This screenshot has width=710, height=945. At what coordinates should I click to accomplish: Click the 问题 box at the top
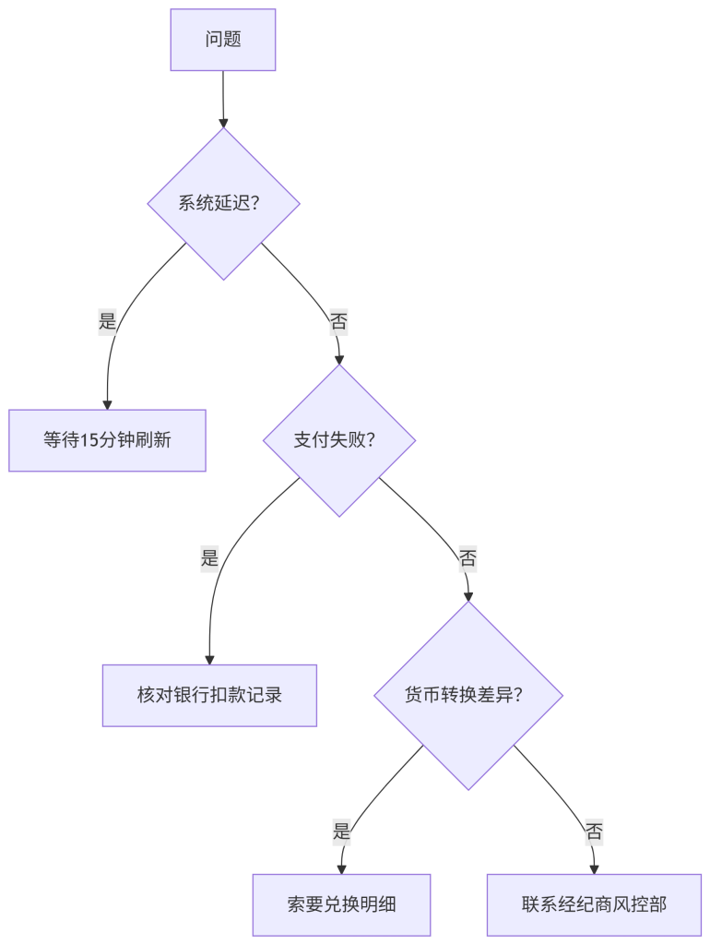pos(223,40)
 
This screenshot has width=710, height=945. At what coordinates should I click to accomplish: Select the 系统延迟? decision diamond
pos(223,203)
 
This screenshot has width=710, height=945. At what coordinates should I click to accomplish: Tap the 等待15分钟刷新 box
pos(107,440)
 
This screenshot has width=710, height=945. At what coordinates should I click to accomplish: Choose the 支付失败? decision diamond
pos(339,440)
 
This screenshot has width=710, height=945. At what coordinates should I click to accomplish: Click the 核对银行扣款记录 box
pos(209,695)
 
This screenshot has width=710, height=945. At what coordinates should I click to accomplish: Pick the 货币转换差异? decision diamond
pos(468,695)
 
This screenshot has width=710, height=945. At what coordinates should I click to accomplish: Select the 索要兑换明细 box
pos(341,904)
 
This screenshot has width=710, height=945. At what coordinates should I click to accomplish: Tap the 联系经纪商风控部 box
pos(594,904)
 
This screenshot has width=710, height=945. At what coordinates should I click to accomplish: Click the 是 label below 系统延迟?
pos(108,321)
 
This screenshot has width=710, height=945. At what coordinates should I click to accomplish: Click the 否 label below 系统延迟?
pos(338,322)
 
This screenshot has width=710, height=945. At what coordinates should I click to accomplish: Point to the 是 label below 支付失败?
pos(210,557)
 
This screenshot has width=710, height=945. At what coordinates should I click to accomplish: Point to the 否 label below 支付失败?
pos(467,558)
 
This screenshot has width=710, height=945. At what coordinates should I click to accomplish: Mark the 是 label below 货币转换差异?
pos(342,831)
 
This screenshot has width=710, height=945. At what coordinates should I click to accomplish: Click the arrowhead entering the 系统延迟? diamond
pos(223,121)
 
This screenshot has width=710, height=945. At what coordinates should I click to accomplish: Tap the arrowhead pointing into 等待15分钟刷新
pos(107,404)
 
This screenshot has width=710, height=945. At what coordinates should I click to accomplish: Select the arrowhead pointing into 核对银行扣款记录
pos(209,659)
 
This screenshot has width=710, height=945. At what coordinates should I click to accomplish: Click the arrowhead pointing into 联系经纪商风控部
pos(594,868)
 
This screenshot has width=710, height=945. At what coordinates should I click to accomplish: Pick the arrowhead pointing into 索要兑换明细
pos(341,868)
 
